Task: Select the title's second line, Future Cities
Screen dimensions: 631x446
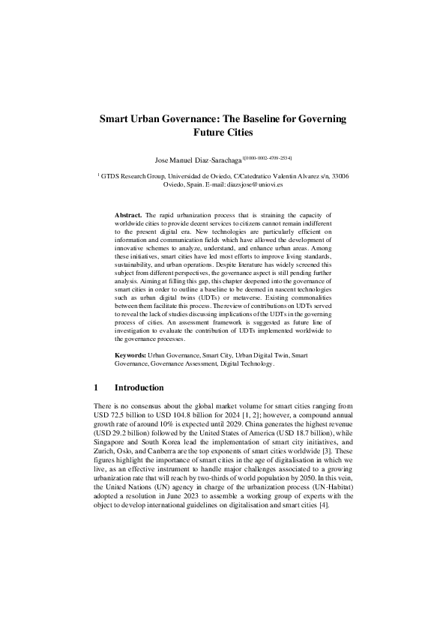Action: (223, 133)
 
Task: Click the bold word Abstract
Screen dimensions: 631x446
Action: (129, 215)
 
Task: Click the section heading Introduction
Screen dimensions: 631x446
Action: (139, 388)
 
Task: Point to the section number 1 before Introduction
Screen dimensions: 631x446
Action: (96, 388)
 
